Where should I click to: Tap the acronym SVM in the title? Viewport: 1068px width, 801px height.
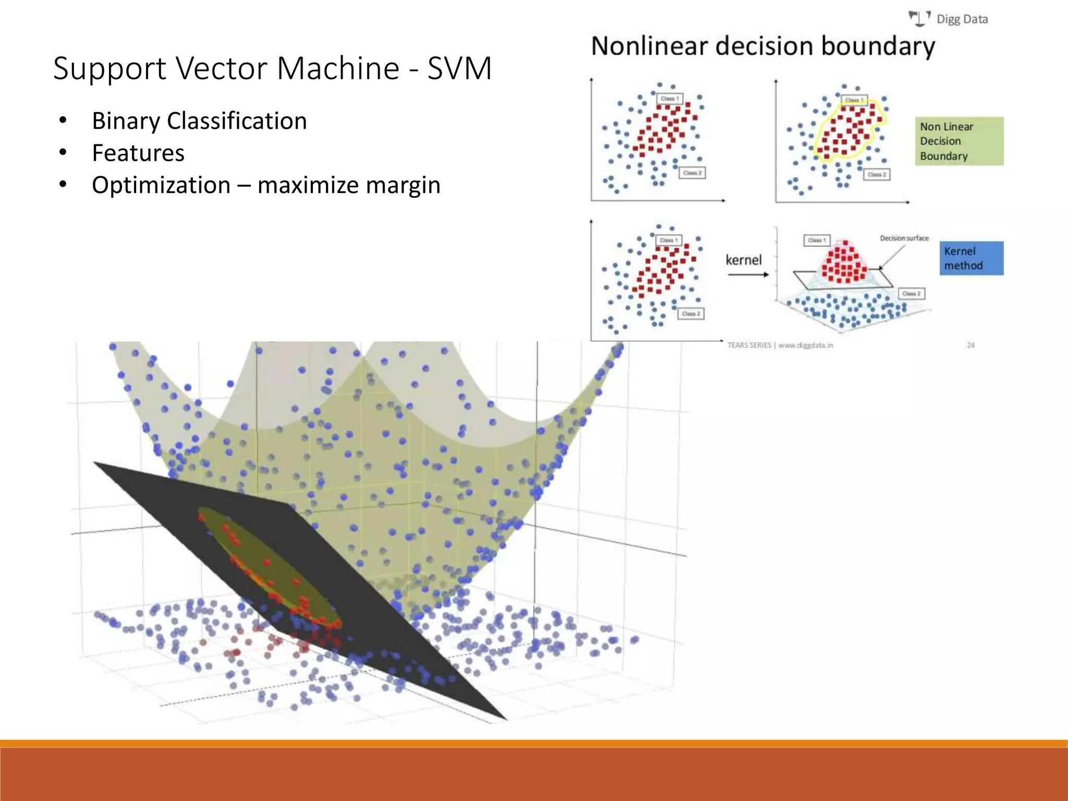(459, 68)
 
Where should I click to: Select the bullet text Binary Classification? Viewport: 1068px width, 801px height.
(199, 121)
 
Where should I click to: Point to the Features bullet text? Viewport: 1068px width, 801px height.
(138, 153)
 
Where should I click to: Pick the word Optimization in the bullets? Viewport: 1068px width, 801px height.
(161, 185)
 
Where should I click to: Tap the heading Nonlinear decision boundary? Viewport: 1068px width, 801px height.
(762, 46)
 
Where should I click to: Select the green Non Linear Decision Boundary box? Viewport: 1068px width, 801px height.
(958, 141)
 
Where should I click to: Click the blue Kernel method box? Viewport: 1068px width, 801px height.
(971, 258)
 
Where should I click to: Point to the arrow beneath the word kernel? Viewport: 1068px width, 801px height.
(748, 275)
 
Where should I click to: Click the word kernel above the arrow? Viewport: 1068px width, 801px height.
(744, 260)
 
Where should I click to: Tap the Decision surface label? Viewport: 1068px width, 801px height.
(904, 238)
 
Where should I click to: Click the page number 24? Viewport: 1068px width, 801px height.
(970, 345)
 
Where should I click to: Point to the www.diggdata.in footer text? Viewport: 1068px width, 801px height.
(805, 345)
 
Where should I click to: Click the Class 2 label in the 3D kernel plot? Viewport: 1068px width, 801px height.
(912, 294)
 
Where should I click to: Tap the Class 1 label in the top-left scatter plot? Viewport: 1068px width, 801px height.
(670, 99)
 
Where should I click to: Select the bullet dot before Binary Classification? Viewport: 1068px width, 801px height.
(63, 121)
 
